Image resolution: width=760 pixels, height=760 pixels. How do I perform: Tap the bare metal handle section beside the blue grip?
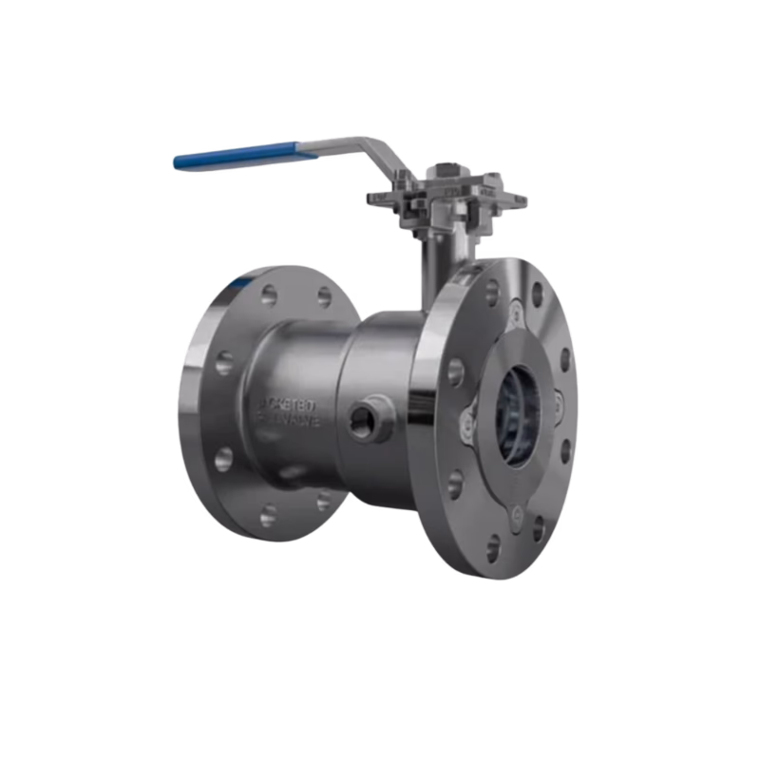pos(332,142)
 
